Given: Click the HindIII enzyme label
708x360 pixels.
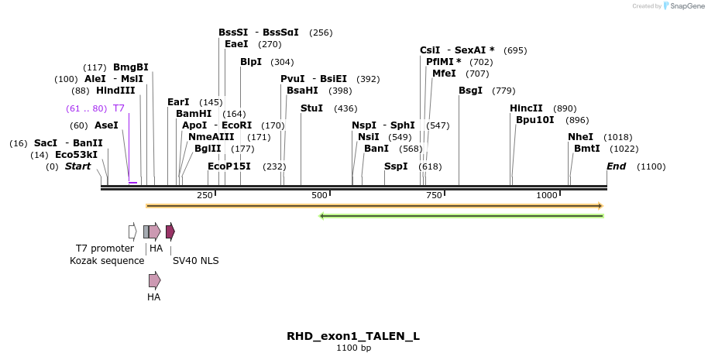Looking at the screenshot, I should (x=115, y=91).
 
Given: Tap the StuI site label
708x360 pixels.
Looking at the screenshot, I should (x=311, y=108).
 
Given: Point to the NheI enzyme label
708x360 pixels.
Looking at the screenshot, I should (x=580, y=137).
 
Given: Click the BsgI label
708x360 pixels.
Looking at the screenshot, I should (x=470, y=91).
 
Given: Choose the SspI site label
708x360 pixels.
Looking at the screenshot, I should (x=396, y=166).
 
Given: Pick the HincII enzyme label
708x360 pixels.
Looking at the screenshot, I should (x=526, y=108).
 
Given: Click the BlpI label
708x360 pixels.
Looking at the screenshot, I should (x=251, y=62).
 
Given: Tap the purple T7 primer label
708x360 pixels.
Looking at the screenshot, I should (x=119, y=108).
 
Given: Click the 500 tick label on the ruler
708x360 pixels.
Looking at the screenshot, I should (x=320, y=195).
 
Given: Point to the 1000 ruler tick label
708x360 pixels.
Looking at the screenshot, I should (x=547, y=195).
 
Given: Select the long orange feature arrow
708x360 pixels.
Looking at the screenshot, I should (x=374, y=206).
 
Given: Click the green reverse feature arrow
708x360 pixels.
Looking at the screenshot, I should (x=462, y=215).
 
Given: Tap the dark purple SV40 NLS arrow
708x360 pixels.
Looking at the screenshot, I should (x=170, y=231).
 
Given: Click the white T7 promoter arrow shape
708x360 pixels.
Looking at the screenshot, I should (x=132, y=231).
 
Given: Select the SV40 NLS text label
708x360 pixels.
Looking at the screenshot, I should (x=195, y=261).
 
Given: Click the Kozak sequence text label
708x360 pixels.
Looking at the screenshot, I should (x=107, y=261).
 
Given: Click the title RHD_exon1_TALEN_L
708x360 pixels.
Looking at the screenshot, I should (x=353, y=336).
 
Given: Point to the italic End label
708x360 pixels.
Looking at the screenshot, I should (x=616, y=166).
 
